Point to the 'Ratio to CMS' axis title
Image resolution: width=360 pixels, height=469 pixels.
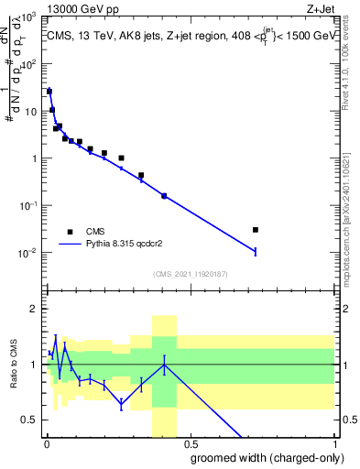click(x=16, y=376)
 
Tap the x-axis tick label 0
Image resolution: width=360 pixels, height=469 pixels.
click(x=47, y=444)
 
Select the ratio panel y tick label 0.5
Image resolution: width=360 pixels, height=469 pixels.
click(x=27, y=420)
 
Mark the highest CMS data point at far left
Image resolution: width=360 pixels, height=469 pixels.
click(x=49, y=92)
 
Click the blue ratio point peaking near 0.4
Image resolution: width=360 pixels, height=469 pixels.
click(x=164, y=364)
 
